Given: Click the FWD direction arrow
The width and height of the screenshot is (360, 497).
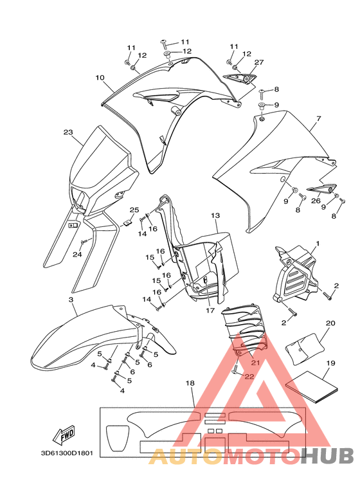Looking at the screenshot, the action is click(x=64, y=435).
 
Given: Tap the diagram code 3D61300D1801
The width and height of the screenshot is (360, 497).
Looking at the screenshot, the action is click(x=67, y=453).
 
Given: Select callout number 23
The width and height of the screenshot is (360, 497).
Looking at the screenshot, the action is click(x=68, y=132).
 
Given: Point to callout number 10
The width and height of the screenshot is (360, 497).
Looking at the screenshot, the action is click(x=100, y=77).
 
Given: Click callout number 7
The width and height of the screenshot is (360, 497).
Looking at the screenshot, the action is click(x=319, y=118).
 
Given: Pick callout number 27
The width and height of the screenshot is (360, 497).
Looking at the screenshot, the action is click(x=259, y=62).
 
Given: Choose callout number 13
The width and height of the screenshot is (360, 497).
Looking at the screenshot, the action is click(x=215, y=215).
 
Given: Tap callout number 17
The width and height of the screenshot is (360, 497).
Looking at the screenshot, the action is click(x=210, y=311).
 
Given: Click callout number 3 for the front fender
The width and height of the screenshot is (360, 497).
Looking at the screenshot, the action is click(x=71, y=300).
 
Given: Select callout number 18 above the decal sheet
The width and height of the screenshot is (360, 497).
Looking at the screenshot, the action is click(x=190, y=383).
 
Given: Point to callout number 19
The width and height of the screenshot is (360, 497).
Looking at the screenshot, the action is click(x=330, y=363).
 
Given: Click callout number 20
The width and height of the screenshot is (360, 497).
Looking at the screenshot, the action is click(x=330, y=323).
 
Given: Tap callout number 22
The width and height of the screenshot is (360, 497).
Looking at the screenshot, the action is click(x=249, y=377).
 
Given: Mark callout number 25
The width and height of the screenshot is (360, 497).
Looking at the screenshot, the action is click(x=134, y=210).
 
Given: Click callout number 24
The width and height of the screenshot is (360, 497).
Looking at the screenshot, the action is click(x=77, y=254).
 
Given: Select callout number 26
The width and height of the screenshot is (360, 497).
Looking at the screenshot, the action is click(x=316, y=201).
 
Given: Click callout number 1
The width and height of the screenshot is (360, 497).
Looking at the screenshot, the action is click(x=318, y=244).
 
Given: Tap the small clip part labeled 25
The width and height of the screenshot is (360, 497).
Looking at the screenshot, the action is click(x=128, y=222).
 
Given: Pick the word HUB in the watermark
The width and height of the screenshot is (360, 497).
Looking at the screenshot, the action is click(x=327, y=456).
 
